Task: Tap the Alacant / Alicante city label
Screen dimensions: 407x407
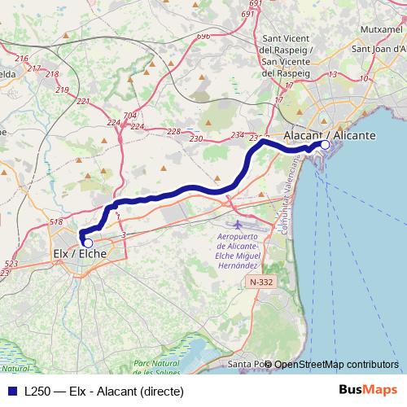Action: pyautogui.click(x=329, y=135)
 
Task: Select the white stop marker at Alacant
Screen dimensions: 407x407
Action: pyautogui.click(x=325, y=145)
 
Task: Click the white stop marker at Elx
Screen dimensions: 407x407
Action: pyautogui.click(x=87, y=243)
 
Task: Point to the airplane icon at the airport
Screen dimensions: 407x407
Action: pyautogui.click(x=238, y=223)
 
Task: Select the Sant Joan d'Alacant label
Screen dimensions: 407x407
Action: pyautogui.click(x=379, y=48)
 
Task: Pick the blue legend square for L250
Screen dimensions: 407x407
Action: pyautogui.click(x=11, y=391)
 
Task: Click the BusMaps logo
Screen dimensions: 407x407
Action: pyautogui.click(x=366, y=390)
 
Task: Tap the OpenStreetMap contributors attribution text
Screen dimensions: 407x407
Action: pyautogui.click(x=336, y=364)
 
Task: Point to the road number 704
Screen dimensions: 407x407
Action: pyautogui.click(x=130, y=116)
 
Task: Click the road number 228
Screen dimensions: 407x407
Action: pyautogui.click(x=173, y=131)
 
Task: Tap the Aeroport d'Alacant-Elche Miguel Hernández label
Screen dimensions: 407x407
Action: pyautogui.click(x=238, y=252)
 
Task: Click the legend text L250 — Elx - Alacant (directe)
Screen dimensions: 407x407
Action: pyautogui.click(x=104, y=391)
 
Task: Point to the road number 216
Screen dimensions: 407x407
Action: pyautogui.click(x=21, y=59)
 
